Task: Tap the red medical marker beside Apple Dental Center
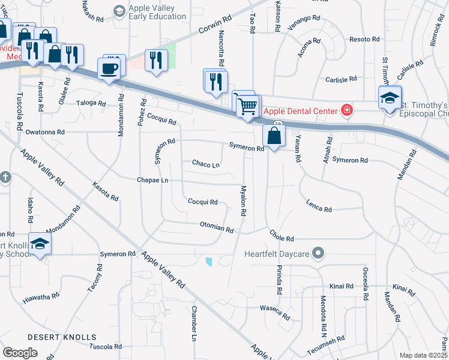pyautogui.click(x=346, y=110)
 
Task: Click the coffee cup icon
pyautogui.click(x=109, y=68)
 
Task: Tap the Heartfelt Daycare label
pyautogui.click(x=277, y=254)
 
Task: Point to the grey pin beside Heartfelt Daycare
pyautogui.click(x=319, y=253)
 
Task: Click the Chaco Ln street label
pyautogui.click(x=206, y=163)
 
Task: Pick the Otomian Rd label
pyautogui.click(x=216, y=228)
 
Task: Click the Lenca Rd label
pyautogui.click(x=319, y=206)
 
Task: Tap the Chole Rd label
pyautogui.click(x=282, y=238)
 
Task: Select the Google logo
pyautogui.click(x=20, y=353)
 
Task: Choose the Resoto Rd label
pyautogui.click(x=364, y=39)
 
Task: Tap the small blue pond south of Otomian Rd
pyautogui.click(x=208, y=262)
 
